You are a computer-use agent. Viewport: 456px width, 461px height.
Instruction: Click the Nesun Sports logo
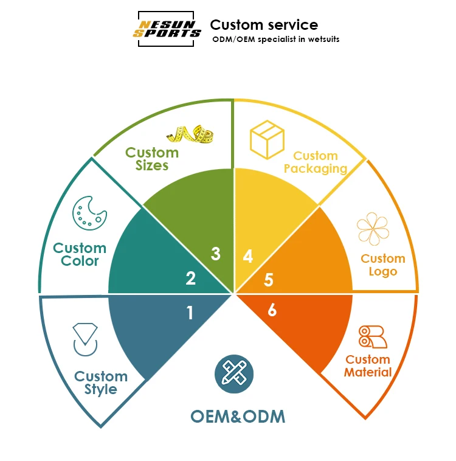pyautogui.click(x=167, y=29)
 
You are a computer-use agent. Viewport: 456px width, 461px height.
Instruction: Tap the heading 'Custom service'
pyautogui.click(x=264, y=25)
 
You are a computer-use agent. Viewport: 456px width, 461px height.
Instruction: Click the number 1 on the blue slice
pyautogui.click(x=190, y=313)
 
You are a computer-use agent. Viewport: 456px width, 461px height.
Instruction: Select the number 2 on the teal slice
pyautogui.click(x=190, y=279)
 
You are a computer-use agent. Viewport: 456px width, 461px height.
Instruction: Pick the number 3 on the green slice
pyautogui.click(x=215, y=254)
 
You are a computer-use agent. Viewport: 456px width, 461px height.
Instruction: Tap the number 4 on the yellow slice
pyautogui.click(x=247, y=257)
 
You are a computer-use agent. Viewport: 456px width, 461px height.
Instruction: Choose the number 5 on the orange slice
pyautogui.click(x=269, y=280)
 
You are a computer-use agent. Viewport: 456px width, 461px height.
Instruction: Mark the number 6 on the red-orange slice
pyautogui.click(x=272, y=310)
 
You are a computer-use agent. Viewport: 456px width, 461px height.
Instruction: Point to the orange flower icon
pyautogui.click(x=373, y=229)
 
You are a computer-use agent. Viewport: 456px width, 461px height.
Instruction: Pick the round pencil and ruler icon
pyautogui.click(x=234, y=373)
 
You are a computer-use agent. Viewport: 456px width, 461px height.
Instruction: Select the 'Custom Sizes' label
pyautogui.click(x=152, y=159)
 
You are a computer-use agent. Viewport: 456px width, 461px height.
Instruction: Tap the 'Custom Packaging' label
pyautogui.click(x=316, y=162)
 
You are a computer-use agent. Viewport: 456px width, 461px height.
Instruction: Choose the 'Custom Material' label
pyautogui.click(x=368, y=366)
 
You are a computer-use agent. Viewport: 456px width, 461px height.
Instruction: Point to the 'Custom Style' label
pyautogui.click(x=101, y=383)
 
